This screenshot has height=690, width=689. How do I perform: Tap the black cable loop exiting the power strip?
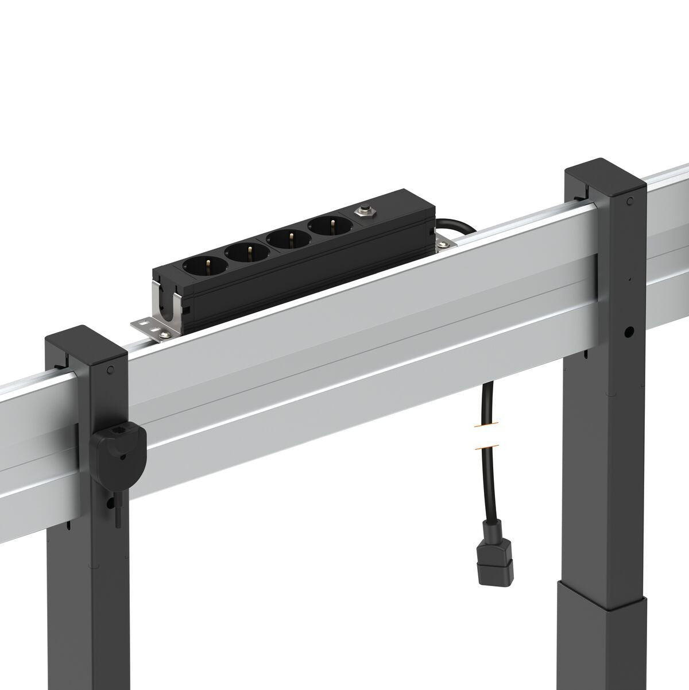[x=456, y=224]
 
